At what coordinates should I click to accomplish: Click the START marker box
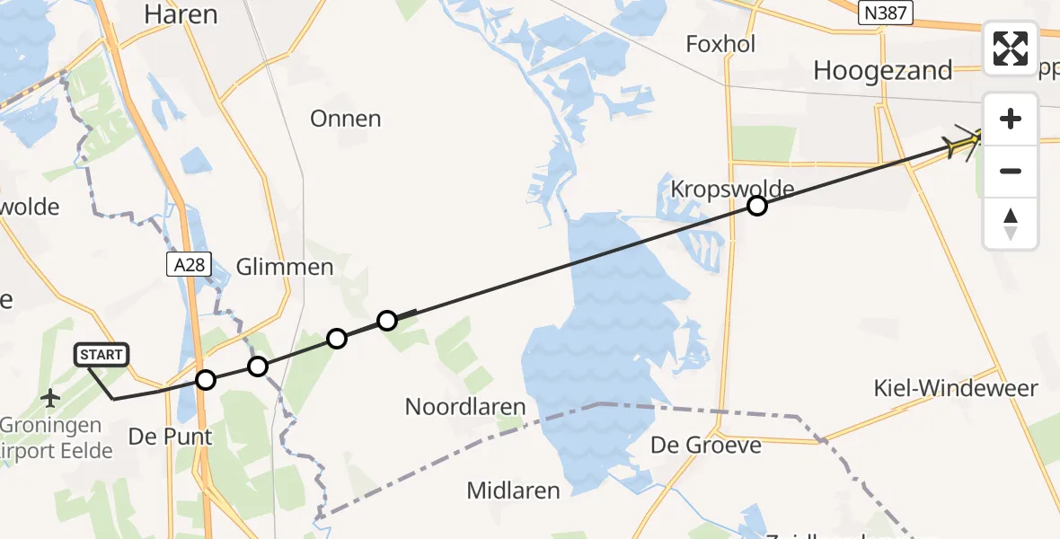coord(102,355)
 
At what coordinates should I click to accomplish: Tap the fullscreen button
coord(1011,49)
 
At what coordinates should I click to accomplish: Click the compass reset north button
coord(1011,224)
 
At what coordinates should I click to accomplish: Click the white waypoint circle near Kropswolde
coord(757,207)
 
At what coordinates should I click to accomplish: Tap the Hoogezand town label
coord(882,70)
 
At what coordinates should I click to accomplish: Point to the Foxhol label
coord(720,43)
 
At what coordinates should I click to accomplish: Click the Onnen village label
coord(345,119)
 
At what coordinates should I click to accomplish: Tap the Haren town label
coord(180,14)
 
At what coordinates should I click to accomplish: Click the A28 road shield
coord(182,263)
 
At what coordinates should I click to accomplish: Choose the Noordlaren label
coord(464,406)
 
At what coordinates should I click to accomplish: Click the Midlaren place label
coord(513,490)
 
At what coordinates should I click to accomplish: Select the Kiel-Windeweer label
coord(956,388)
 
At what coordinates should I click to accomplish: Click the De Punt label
coord(171,437)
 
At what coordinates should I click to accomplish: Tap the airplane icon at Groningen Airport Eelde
coord(50,396)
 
